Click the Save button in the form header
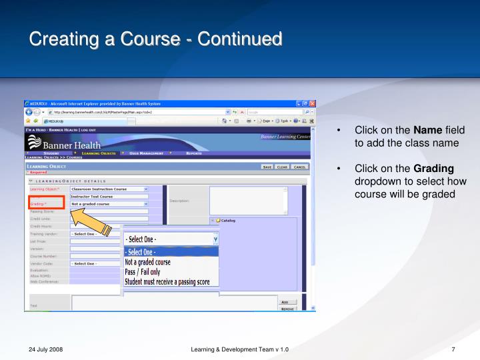tap(267, 167)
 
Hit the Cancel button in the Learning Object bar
tap(299, 167)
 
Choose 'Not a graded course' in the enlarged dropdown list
tap(147, 262)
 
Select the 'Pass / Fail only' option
tap(142, 272)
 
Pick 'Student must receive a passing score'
tap(167, 282)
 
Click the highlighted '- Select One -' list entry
tap(141, 252)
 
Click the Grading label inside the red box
tap(39, 204)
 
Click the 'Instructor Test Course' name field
tap(109, 197)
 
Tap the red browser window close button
tap(312, 103)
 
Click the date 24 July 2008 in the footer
tap(46, 350)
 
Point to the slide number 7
tap(453, 350)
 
